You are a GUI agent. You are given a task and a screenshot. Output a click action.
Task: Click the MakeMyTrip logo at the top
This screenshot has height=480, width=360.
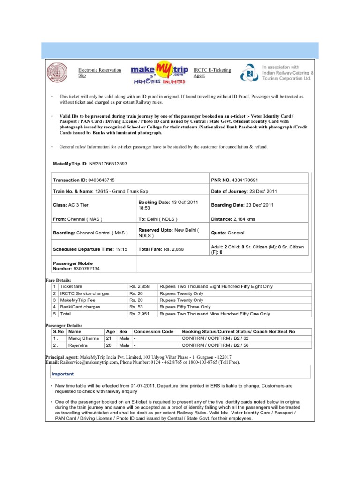158,73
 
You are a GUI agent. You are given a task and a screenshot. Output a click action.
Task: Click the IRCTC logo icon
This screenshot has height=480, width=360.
248,74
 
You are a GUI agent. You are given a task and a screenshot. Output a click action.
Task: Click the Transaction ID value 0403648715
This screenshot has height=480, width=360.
98,180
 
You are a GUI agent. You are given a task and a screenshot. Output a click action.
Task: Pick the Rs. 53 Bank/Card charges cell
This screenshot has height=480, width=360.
136,307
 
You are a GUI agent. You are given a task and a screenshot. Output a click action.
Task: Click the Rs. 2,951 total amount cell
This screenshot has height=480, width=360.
140,314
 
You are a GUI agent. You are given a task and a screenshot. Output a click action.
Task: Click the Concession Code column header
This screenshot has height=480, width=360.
154,331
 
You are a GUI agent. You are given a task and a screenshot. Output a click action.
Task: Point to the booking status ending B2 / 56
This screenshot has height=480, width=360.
215,345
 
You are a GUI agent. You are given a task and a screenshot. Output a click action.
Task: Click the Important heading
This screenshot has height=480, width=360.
62,375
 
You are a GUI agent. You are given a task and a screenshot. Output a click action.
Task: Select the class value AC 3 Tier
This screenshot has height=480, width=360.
78,205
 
